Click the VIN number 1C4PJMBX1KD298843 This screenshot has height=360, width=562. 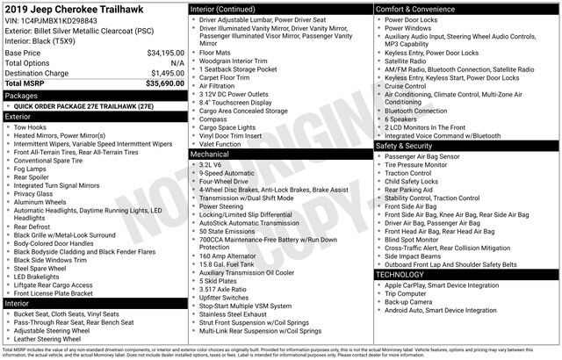[61, 19]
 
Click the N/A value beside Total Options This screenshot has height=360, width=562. [177, 63]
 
